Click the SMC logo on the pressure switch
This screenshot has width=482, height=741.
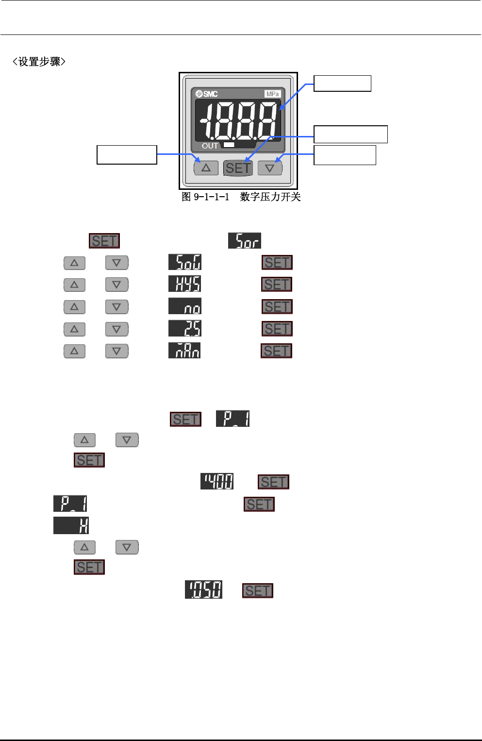tap(207, 94)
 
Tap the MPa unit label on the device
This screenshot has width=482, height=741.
tap(273, 94)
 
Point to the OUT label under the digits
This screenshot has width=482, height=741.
tap(210, 146)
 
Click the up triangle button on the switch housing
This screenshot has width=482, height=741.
tap(206, 168)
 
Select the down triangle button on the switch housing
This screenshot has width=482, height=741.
tap(270, 168)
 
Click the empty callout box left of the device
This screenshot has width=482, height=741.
tap(127, 154)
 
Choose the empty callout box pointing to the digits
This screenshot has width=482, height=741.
tap(342, 84)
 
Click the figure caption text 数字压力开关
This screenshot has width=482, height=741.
tap(270, 197)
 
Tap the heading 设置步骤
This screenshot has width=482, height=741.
tap(39, 62)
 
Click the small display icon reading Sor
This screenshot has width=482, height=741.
tap(245, 241)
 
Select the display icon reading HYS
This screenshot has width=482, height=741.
tap(184, 284)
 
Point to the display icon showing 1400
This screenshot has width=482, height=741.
tap(217, 482)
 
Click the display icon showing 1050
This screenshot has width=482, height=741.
tap(203, 590)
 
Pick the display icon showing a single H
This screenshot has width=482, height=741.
tap(71, 526)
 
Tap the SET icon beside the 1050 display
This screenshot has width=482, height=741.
tap(258, 590)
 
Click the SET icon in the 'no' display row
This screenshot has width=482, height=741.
tap(277, 307)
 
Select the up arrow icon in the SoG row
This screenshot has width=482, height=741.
tap(74, 263)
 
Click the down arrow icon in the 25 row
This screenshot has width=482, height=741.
tap(116, 329)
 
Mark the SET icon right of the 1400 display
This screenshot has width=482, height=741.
tap(273, 482)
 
